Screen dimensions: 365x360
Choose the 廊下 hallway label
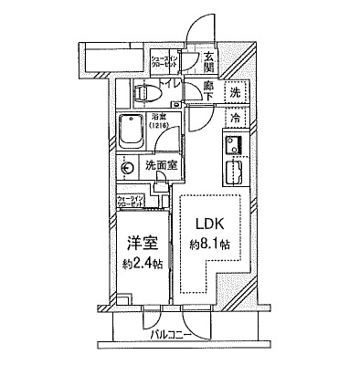[x=209, y=91]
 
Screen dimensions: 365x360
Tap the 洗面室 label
[x=161, y=167]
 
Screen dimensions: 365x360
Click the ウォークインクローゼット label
[x=130, y=203]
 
